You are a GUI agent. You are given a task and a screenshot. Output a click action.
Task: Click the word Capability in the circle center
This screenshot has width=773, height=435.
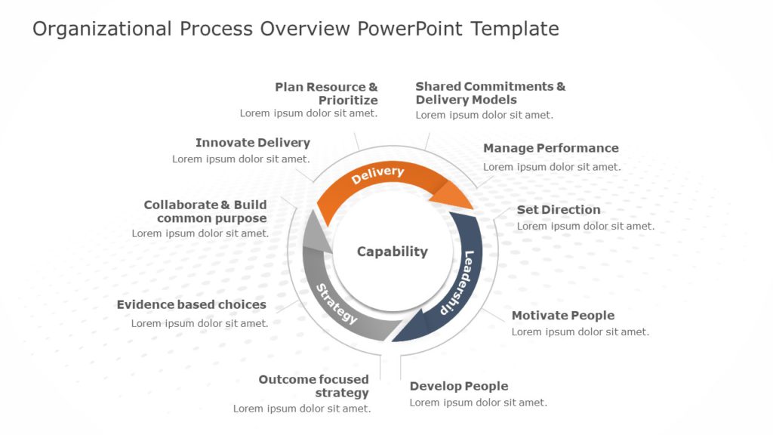(392, 251)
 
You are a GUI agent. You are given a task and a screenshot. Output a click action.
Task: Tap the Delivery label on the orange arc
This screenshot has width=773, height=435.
(377, 174)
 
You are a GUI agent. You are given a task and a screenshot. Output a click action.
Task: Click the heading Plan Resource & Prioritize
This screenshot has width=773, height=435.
(326, 94)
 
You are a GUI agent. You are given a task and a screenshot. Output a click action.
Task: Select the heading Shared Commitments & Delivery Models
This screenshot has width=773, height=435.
(490, 93)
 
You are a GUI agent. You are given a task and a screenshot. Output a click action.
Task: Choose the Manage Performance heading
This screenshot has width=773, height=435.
(550, 148)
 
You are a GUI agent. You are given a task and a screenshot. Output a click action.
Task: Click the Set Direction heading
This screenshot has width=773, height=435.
(559, 209)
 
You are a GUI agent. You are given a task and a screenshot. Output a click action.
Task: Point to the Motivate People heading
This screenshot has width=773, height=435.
(562, 316)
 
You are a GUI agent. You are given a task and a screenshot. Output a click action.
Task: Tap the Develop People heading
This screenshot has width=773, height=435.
(458, 386)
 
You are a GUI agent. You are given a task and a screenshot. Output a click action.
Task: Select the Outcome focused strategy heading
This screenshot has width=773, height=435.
(314, 386)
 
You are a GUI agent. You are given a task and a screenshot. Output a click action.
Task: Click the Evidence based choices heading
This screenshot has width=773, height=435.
(191, 304)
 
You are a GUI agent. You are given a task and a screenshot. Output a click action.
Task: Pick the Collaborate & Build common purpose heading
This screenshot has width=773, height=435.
(205, 211)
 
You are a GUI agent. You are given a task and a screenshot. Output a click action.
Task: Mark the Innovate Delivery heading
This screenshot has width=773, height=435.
(252, 143)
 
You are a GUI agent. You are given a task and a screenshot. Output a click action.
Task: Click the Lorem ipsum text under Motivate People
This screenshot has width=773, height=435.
(580, 332)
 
